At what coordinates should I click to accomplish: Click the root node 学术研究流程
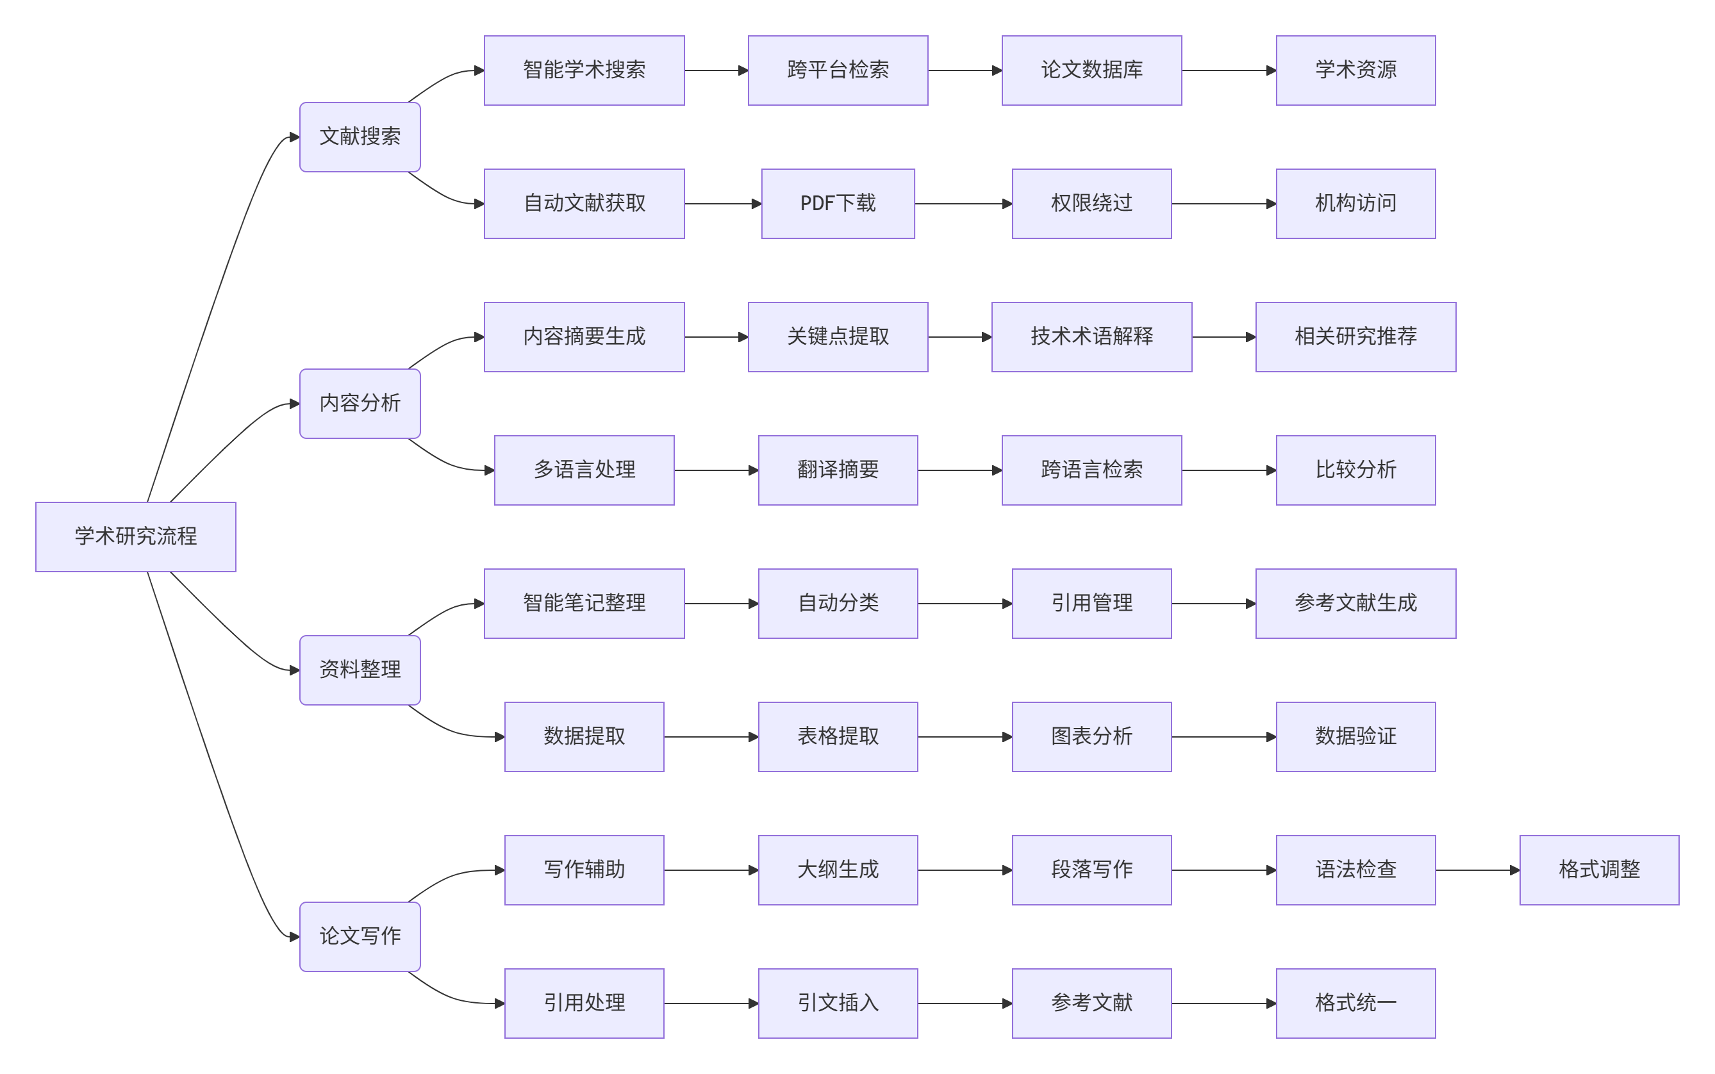[136, 536]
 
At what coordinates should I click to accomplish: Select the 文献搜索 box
[360, 137]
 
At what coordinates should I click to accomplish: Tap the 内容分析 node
[360, 404]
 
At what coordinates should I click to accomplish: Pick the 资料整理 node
[360, 670]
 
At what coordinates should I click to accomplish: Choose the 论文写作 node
[360, 936]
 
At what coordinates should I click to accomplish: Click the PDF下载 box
[838, 204]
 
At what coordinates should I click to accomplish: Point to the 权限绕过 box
[1091, 204]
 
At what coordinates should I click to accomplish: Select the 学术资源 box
[1355, 70]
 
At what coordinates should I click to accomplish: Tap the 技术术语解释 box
[1091, 336]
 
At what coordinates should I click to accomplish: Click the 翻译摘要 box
[838, 470]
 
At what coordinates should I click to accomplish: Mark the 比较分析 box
[1355, 470]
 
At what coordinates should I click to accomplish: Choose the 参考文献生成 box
[1355, 603]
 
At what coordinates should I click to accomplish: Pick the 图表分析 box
[1091, 736]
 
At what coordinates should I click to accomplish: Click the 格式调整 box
[1599, 870]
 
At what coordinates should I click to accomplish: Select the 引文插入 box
[838, 1003]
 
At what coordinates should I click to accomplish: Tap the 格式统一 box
[1355, 1003]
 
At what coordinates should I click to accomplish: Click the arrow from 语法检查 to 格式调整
[1477, 870]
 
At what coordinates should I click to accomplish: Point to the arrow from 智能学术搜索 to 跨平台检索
[716, 70]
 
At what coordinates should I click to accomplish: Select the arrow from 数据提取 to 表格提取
[711, 736]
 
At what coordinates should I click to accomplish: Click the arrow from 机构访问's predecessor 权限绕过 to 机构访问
[1223, 204]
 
